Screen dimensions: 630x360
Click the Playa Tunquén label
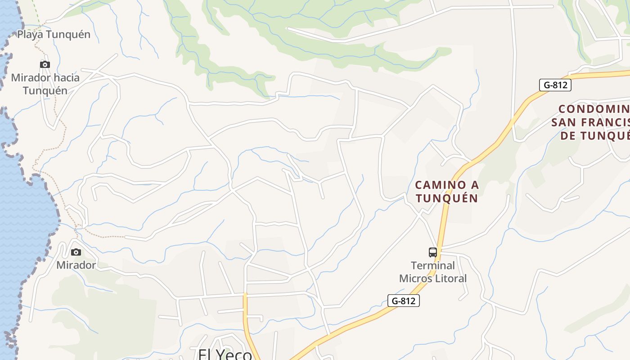point(54,34)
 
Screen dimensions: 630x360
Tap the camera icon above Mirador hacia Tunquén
point(45,64)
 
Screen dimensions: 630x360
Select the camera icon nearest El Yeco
point(76,252)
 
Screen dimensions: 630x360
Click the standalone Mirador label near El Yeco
point(76,265)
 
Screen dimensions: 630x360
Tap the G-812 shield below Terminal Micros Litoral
point(403,301)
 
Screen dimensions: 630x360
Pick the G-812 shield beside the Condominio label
point(555,85)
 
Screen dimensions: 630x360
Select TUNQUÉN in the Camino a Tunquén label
point(446,198)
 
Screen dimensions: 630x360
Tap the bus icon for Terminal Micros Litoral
point(433,252)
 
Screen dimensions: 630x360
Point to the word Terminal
point(433,265)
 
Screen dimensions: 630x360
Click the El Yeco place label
point(225,355)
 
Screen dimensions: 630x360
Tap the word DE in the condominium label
point(568,135)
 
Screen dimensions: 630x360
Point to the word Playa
point(30,34)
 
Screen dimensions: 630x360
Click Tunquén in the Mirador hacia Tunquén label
point(45,90)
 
